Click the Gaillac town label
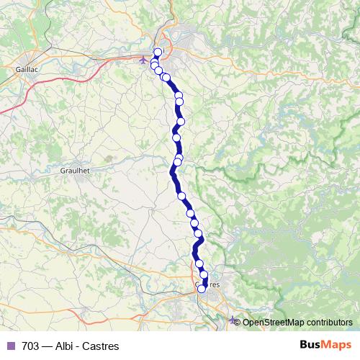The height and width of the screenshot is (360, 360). (x=27, y=70)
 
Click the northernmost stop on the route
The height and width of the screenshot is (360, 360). (x=158, y=52)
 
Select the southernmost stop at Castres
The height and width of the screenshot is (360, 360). (x=202, y=289)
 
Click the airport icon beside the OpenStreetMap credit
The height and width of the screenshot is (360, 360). (x=232, y=320)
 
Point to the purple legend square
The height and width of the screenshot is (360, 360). (x=10, y=346)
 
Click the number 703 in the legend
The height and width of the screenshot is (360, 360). (x=30, y=346)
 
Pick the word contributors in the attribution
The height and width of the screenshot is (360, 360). (x=329, y=322)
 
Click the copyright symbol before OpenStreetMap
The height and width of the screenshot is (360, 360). (x=239, y=322)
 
